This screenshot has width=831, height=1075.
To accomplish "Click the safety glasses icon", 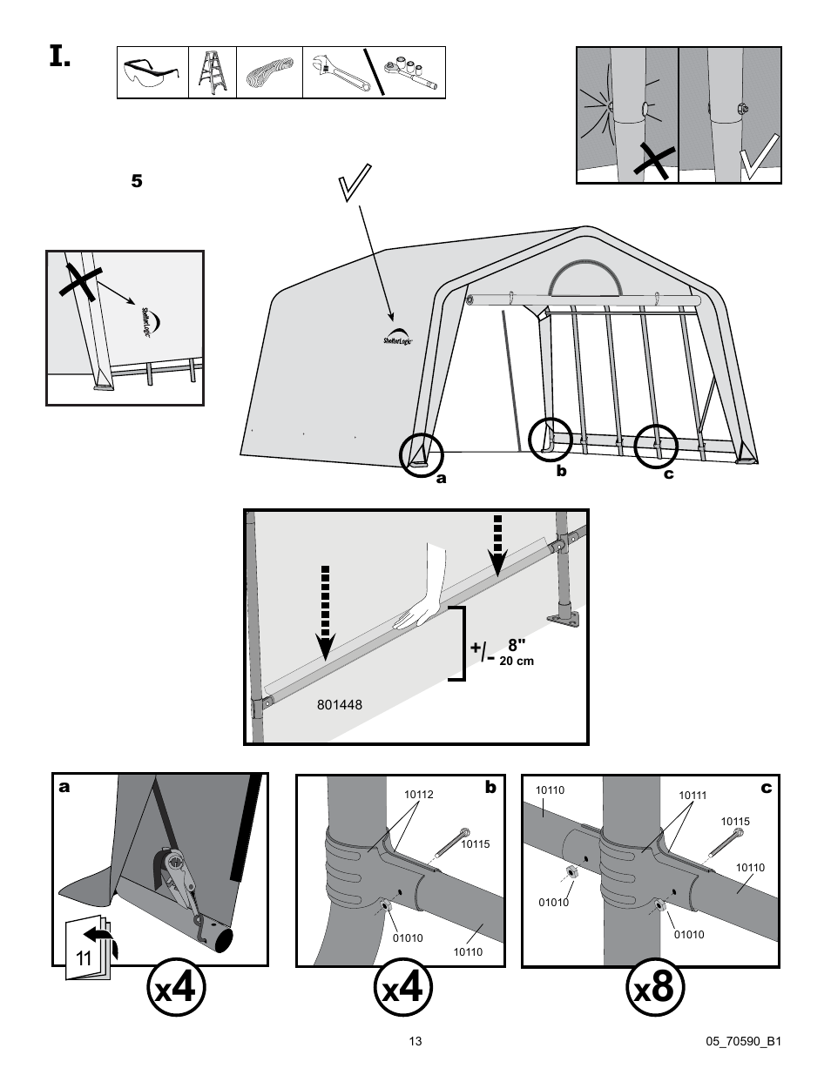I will pos(152,73).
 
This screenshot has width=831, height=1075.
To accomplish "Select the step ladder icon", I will pos(212,73).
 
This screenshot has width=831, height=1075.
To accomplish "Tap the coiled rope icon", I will pos(269,73).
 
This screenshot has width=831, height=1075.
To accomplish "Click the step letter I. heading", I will pos(58,57).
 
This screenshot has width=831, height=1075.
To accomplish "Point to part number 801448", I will pos(340,704).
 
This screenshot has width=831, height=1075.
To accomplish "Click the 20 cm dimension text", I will pos(516,662).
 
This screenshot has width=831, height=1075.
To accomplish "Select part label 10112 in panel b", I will pos(418,795).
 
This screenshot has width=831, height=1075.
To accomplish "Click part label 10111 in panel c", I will pos(692,796).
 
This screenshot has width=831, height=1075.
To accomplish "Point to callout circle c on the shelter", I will pos(656,447).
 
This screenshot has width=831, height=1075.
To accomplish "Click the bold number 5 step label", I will pos(135,182).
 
